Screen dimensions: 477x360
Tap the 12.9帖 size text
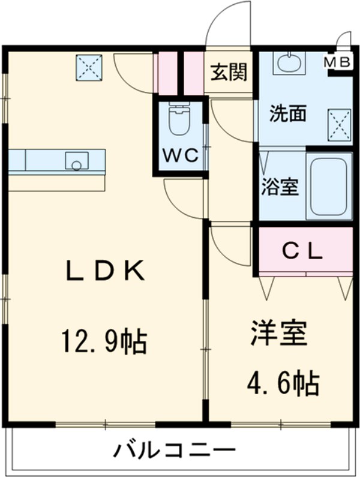103,342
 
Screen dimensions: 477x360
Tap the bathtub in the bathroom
329,186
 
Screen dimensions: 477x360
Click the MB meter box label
339,62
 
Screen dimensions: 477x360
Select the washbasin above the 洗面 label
289,62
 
